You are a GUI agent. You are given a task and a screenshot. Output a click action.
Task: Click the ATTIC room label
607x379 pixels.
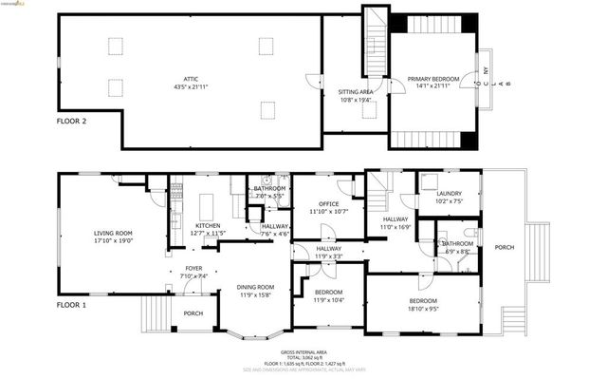click(192, 79)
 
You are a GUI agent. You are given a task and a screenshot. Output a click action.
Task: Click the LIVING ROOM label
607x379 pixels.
click(113, 233)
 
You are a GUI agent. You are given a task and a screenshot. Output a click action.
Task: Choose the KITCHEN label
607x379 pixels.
click(208, 225)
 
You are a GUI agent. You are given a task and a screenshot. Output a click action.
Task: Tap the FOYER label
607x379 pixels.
click(193, 268)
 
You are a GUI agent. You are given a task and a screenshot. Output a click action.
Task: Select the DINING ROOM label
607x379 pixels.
click(255, 287)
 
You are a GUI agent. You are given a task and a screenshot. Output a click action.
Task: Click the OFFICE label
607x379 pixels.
click(329, 204)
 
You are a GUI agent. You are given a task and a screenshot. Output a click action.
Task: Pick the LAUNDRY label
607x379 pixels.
click(449, 194)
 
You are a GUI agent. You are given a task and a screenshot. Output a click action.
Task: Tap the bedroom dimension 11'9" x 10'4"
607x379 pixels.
click(328, 300)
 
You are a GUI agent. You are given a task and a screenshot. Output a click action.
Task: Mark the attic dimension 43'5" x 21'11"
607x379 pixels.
click(192, 86)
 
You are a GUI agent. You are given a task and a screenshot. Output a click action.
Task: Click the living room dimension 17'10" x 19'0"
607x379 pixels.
click(113, 240)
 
